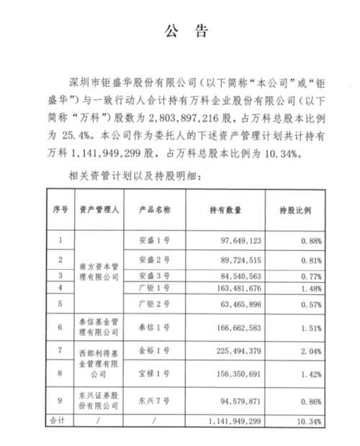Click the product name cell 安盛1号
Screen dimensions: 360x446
pyautogui.click(x=152, y=239)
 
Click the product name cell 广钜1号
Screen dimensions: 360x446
pyautogui.click(x=152, y=289)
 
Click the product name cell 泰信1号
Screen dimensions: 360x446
pyautogui.click(x=152, y=330)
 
